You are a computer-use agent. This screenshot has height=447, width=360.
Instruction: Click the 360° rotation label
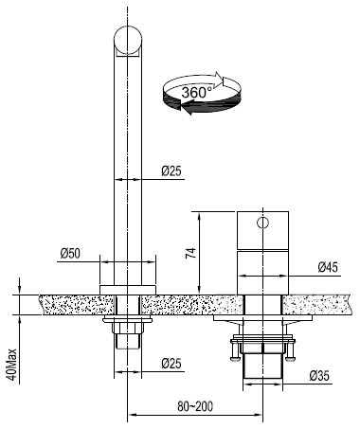coord(196,93)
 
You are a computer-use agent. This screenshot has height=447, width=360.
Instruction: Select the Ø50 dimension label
coord(70,253)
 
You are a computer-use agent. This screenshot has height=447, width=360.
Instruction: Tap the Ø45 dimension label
coord(328,267)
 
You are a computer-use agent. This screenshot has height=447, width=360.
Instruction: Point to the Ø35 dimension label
coord(319,376)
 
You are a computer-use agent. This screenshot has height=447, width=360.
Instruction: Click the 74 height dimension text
coord(190,253)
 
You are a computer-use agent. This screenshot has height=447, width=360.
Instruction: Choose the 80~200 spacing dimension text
coord(195,406)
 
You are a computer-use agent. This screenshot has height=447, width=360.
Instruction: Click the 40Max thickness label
coord(11,365)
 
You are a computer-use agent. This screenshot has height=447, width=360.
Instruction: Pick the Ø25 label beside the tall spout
coord(171,171)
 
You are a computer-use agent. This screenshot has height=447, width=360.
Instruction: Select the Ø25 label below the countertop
coord(171,364)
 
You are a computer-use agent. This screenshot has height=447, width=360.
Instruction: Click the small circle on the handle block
coord(262,223)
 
